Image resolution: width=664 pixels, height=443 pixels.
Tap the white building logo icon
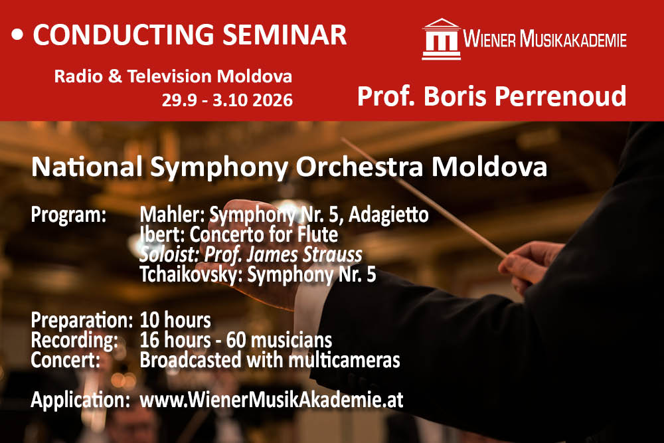442,39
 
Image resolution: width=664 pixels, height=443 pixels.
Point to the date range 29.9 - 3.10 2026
227,100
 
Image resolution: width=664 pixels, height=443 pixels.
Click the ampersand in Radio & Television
115,76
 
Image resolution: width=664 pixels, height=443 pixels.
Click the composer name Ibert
161,235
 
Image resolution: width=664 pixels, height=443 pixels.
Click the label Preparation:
82,321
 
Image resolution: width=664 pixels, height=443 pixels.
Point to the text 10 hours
175,321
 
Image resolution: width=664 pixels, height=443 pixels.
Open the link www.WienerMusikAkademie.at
272,400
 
